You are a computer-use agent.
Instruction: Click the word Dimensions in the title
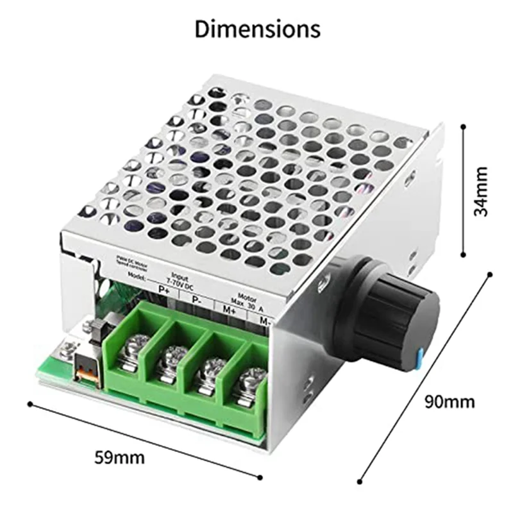[257, 29]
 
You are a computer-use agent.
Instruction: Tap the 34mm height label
[480, 191]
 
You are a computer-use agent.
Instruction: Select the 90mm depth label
[450, 402]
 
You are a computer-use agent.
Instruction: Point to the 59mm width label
[120, 458]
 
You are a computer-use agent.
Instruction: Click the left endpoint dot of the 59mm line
[29, 403]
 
